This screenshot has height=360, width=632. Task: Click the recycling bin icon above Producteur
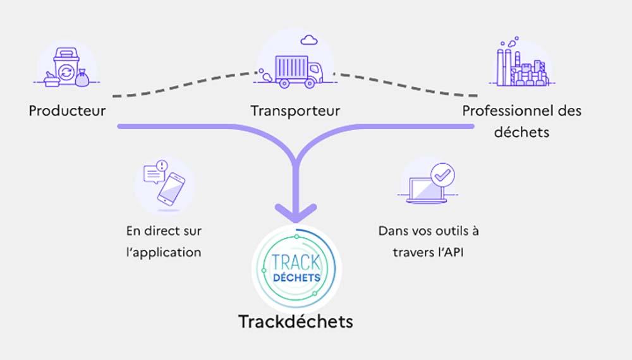point(66,67)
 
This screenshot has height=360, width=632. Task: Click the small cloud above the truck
point(309,40)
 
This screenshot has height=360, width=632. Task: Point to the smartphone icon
point(171,189)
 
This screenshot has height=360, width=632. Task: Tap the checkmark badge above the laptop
point(442,175)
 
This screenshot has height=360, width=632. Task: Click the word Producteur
point(68,111)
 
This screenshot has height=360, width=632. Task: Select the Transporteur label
point(295,111)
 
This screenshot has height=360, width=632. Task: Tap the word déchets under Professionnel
point(521,132)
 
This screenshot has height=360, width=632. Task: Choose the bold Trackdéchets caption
point(296,321)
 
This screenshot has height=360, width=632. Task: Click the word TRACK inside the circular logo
point(296,263)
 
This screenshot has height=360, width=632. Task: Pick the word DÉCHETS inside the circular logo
point(296,277)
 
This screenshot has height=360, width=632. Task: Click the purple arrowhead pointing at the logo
point(296,213)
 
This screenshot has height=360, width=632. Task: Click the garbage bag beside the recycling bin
point(82,78)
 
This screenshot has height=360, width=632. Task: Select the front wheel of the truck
point(310,83)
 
